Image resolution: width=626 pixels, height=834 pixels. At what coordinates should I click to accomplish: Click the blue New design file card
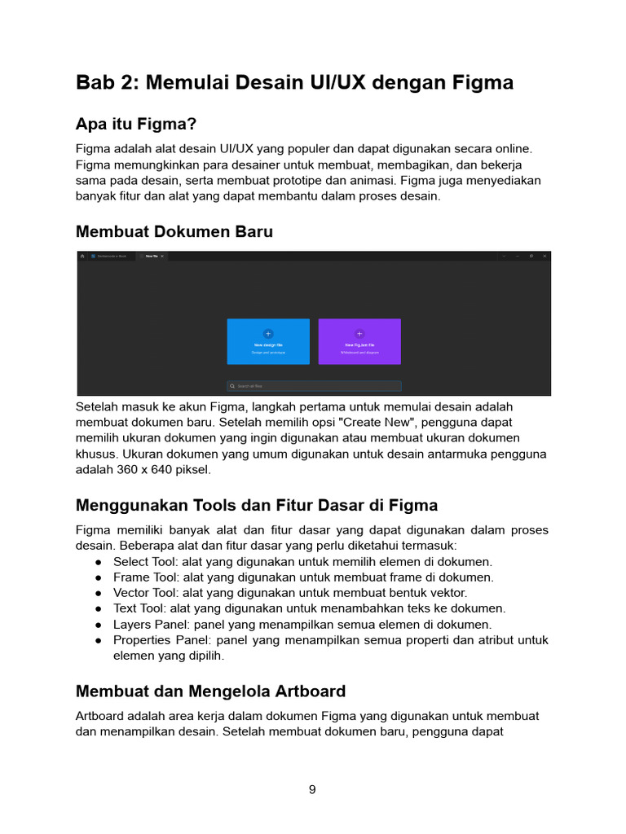pyautogui.click(x=268, y=340)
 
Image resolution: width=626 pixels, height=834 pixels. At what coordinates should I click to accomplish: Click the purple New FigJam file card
pyautogui.click(x=359, y=340)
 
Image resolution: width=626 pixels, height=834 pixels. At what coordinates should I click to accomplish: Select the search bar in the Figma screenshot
pyautogui.click(x=314, y=386)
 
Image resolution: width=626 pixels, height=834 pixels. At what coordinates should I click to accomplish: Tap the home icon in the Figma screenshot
pyautogui.click(x=82, y=256)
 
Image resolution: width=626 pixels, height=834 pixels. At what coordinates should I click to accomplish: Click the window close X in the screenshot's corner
pyautogui.click(x=544, y=256)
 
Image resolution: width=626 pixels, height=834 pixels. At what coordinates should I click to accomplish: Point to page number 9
pyautogui.click(x=312, y=789)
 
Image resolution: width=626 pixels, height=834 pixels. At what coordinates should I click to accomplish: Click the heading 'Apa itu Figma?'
pyautogui.click(x=136, y=124)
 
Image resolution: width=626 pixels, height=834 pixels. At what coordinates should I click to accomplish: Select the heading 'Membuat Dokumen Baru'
pyautogui.click(x=174, y=232)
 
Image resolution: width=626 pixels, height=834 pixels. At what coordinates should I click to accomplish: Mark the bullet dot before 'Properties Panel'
pyautogui.click(x=98, y=640)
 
